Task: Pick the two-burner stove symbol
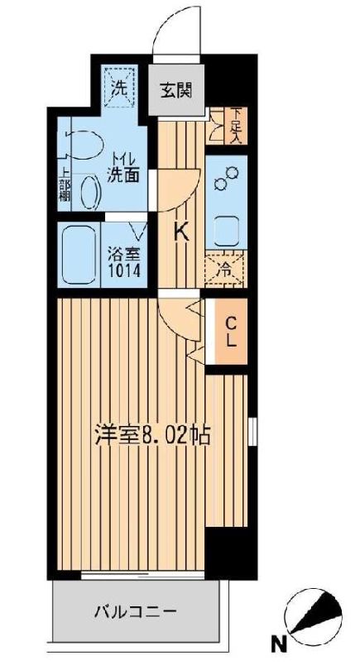coord(227,179)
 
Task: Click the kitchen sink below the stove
coord(226,227)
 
